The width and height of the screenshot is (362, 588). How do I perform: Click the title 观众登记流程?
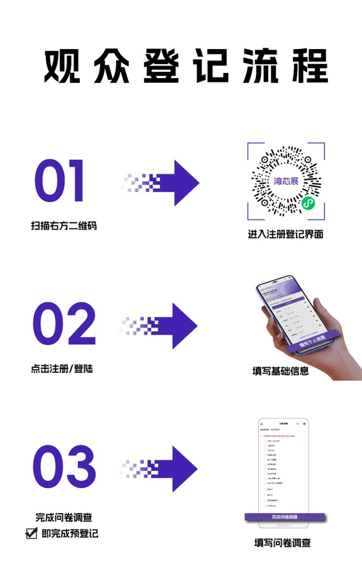click(185, 65)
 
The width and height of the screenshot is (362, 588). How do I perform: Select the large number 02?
click(63, 323)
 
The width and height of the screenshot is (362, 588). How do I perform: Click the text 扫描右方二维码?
click(63, 225)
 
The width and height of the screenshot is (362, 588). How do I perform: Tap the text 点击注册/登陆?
click(62, 368)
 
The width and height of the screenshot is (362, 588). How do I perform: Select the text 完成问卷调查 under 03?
click(63, 518)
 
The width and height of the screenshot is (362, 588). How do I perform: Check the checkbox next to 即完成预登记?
click(31, 533)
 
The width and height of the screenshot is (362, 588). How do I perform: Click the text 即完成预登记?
click(70, 533)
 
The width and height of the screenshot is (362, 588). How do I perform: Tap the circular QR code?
click(286, 180)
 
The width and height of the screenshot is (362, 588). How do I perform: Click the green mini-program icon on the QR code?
click(307, 202)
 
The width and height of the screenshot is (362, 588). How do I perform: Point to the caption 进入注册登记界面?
click(285, 234)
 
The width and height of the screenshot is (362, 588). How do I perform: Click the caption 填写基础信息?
click(280, 370)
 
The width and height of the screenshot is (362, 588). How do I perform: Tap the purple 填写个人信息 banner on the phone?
click(311, 340)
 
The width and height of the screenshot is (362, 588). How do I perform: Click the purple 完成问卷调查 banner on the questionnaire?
click(285, 517)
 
